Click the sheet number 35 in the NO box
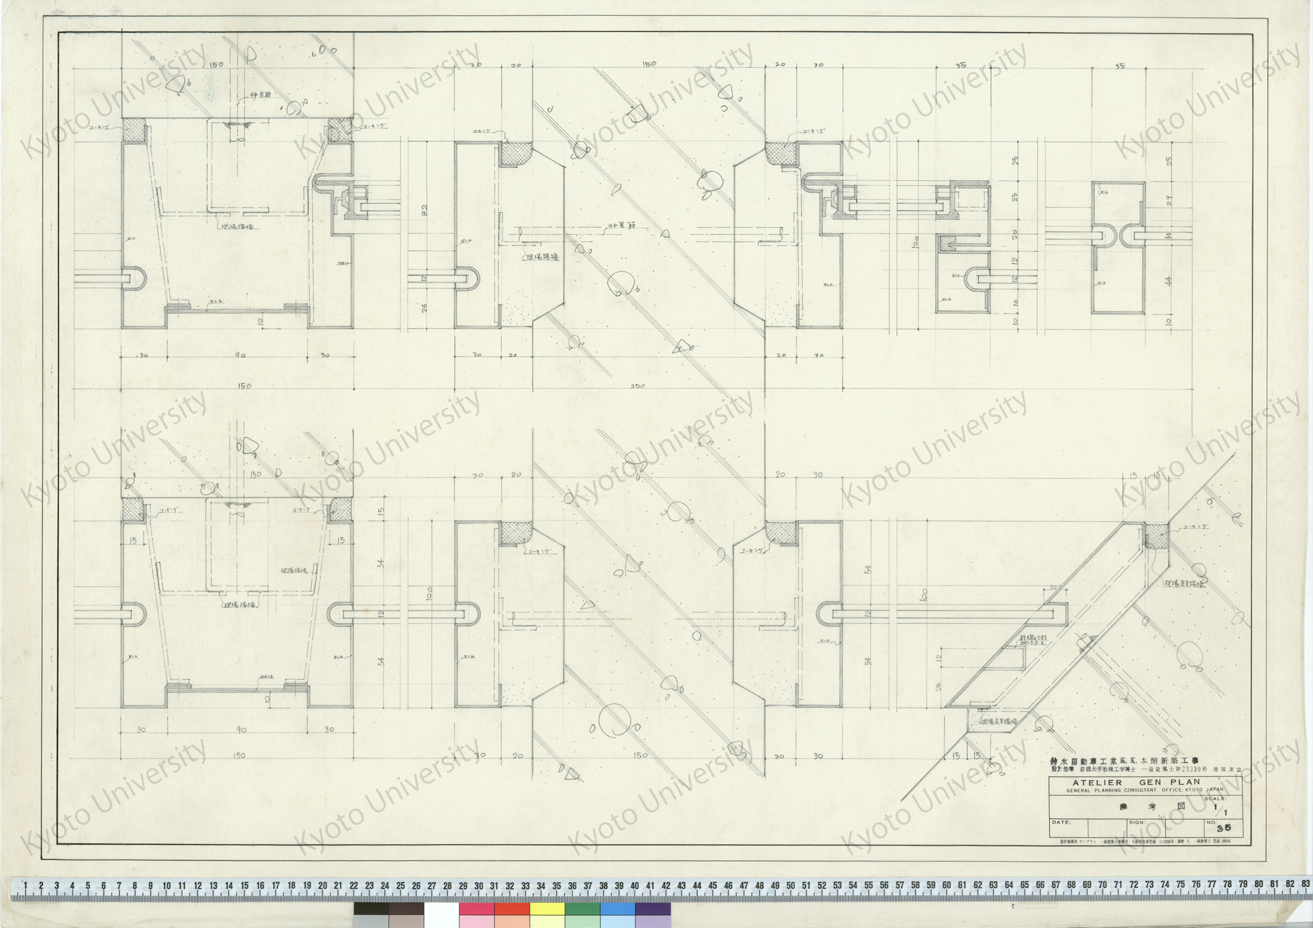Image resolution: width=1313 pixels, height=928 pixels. click(x=1224, y=828)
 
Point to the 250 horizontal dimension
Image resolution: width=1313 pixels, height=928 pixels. click(x=637, y=386)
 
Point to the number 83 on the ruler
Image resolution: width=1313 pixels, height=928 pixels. click(x=1305, y=884)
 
